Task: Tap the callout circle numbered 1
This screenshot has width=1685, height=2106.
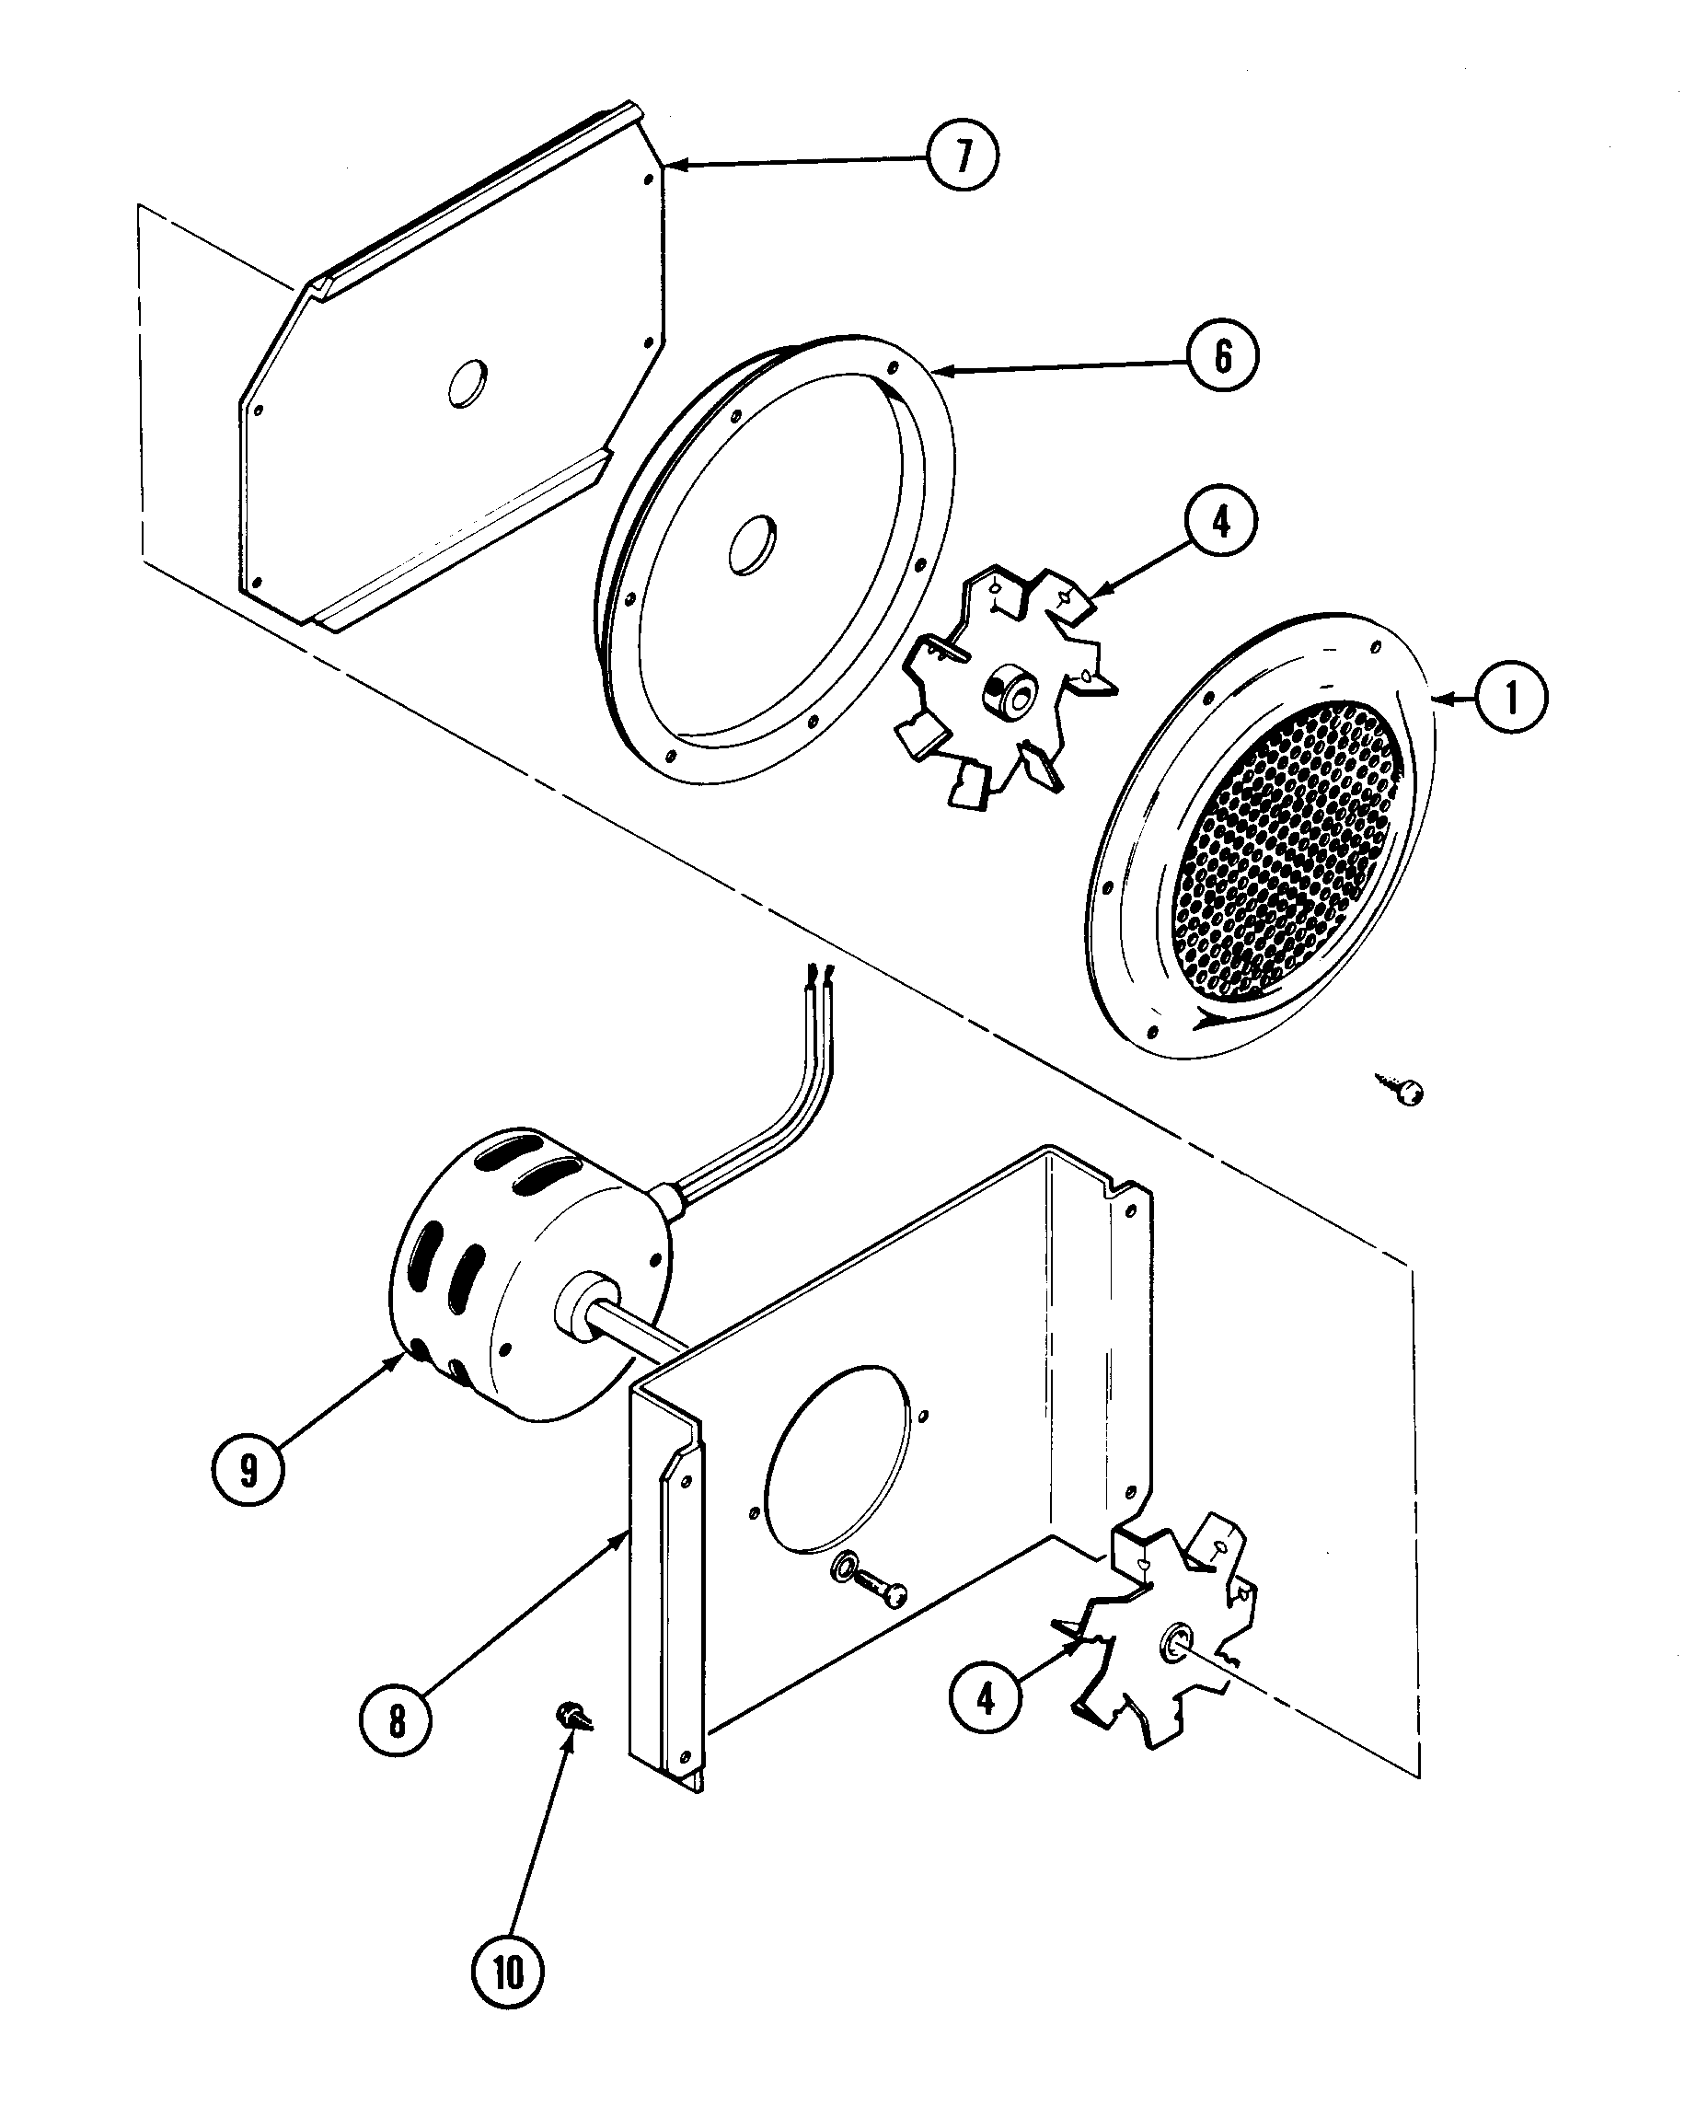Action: pyautogui.click(x=1511, y=698)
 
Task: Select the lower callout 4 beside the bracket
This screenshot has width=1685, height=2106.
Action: pyautogui.click(x=986, y=1697)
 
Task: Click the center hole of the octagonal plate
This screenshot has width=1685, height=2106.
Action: pyautogui.click(x=467, y=383)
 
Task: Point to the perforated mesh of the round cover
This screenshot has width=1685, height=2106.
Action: pyautogui.click(x=1289, y=850)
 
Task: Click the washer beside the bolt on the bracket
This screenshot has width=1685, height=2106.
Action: pyautogui.click(x=842, y=1570)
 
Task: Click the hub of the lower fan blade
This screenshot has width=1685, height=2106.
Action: pyautogui.click(x=1174, y=1643)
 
